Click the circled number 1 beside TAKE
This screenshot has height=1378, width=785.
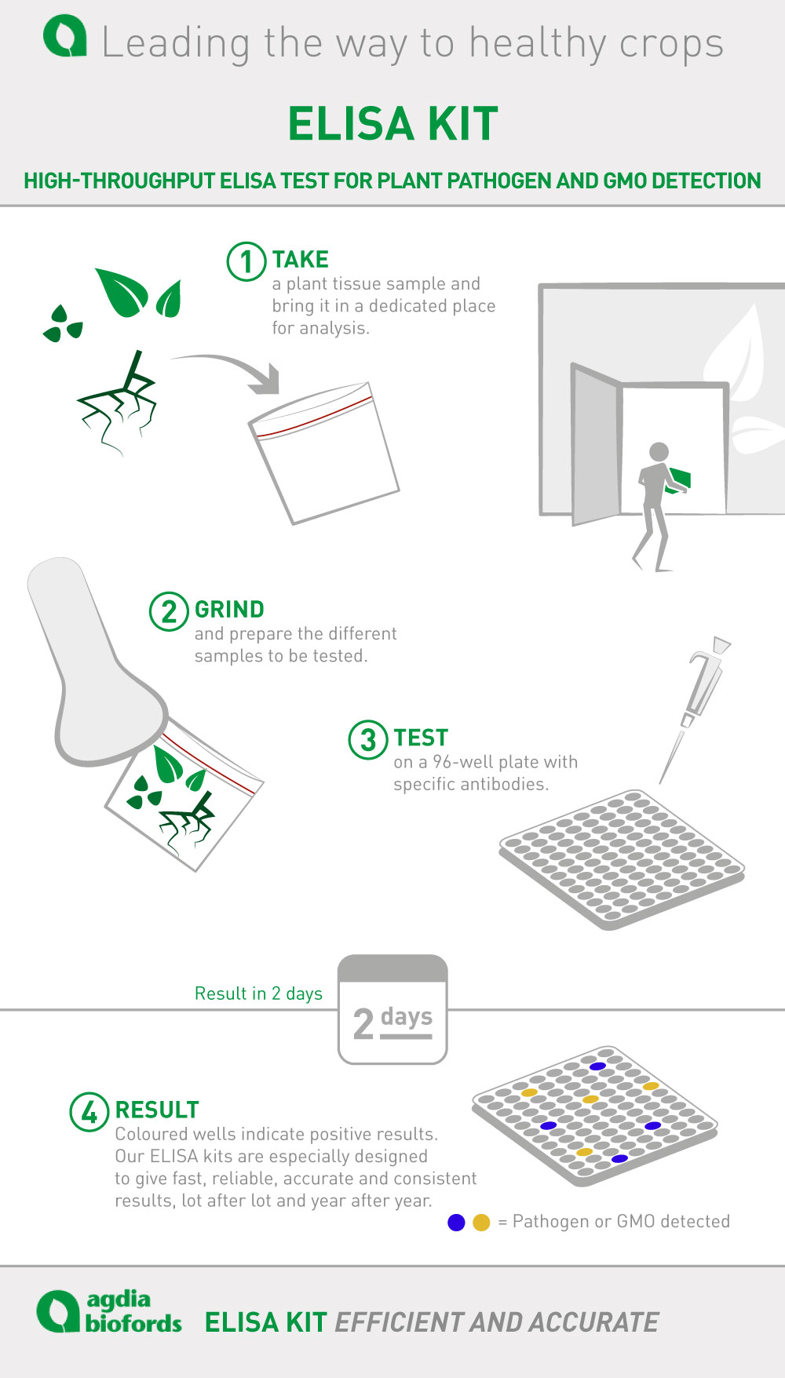pyautogui.click(x=246, y=261)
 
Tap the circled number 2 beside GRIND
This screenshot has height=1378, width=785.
pyautogui.click(x=169, y=611)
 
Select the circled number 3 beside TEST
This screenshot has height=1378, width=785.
pyautogui.click(x=368, y=739)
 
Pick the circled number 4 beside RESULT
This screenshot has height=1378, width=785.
pyautogui.click(x=89, y=1112)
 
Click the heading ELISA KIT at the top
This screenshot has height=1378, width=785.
pyautogui.click(x=392, y=123)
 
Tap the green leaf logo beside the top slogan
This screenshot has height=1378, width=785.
pyautogui.click(x=64, y=37)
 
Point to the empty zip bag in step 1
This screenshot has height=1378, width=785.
pyautogui.click(x=323, y=453)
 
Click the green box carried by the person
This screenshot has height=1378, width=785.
pyautogui.click(x=678, y=479)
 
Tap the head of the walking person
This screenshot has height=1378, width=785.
pyautogui.click(x=659, y=452)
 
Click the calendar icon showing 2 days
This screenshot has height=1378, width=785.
pyautogui.click(x=392, y=1009)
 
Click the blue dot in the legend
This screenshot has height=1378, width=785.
pyautogui.click(x=456, y=1223)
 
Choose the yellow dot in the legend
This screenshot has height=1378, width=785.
pyautogui.click(x=481, y=1223)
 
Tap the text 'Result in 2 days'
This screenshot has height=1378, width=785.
pyautogui.click(x=258, y=993)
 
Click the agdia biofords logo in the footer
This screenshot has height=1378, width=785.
pyautogui.click(x=109, y=1312)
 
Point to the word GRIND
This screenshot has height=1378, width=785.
pyautogui.click(x=229, y=609)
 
